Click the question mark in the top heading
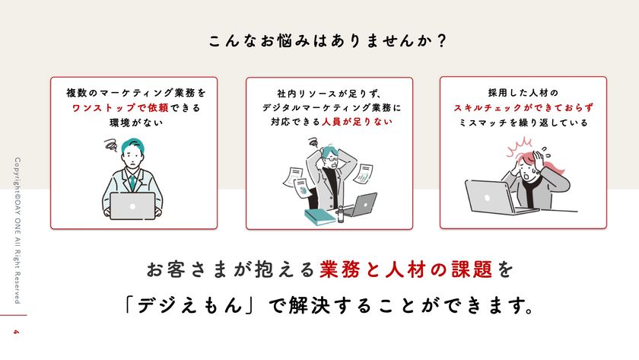tap(441, 41)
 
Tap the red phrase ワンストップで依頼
tap(120, 108)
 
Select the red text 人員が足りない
tap(357, 122)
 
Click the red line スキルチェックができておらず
tap(523, 107)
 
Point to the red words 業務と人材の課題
tap(405, 269)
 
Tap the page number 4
tap(16, 332)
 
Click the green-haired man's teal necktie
tap(132, 183)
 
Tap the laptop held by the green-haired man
tap(132, 206)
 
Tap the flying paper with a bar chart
tap(363, 174)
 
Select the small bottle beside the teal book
tap(340, 215)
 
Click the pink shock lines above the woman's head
tap(519, 146)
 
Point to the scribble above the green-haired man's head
tap(111, 145)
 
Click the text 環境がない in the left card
tap(136, 123)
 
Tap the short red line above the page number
tap(14, 315)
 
